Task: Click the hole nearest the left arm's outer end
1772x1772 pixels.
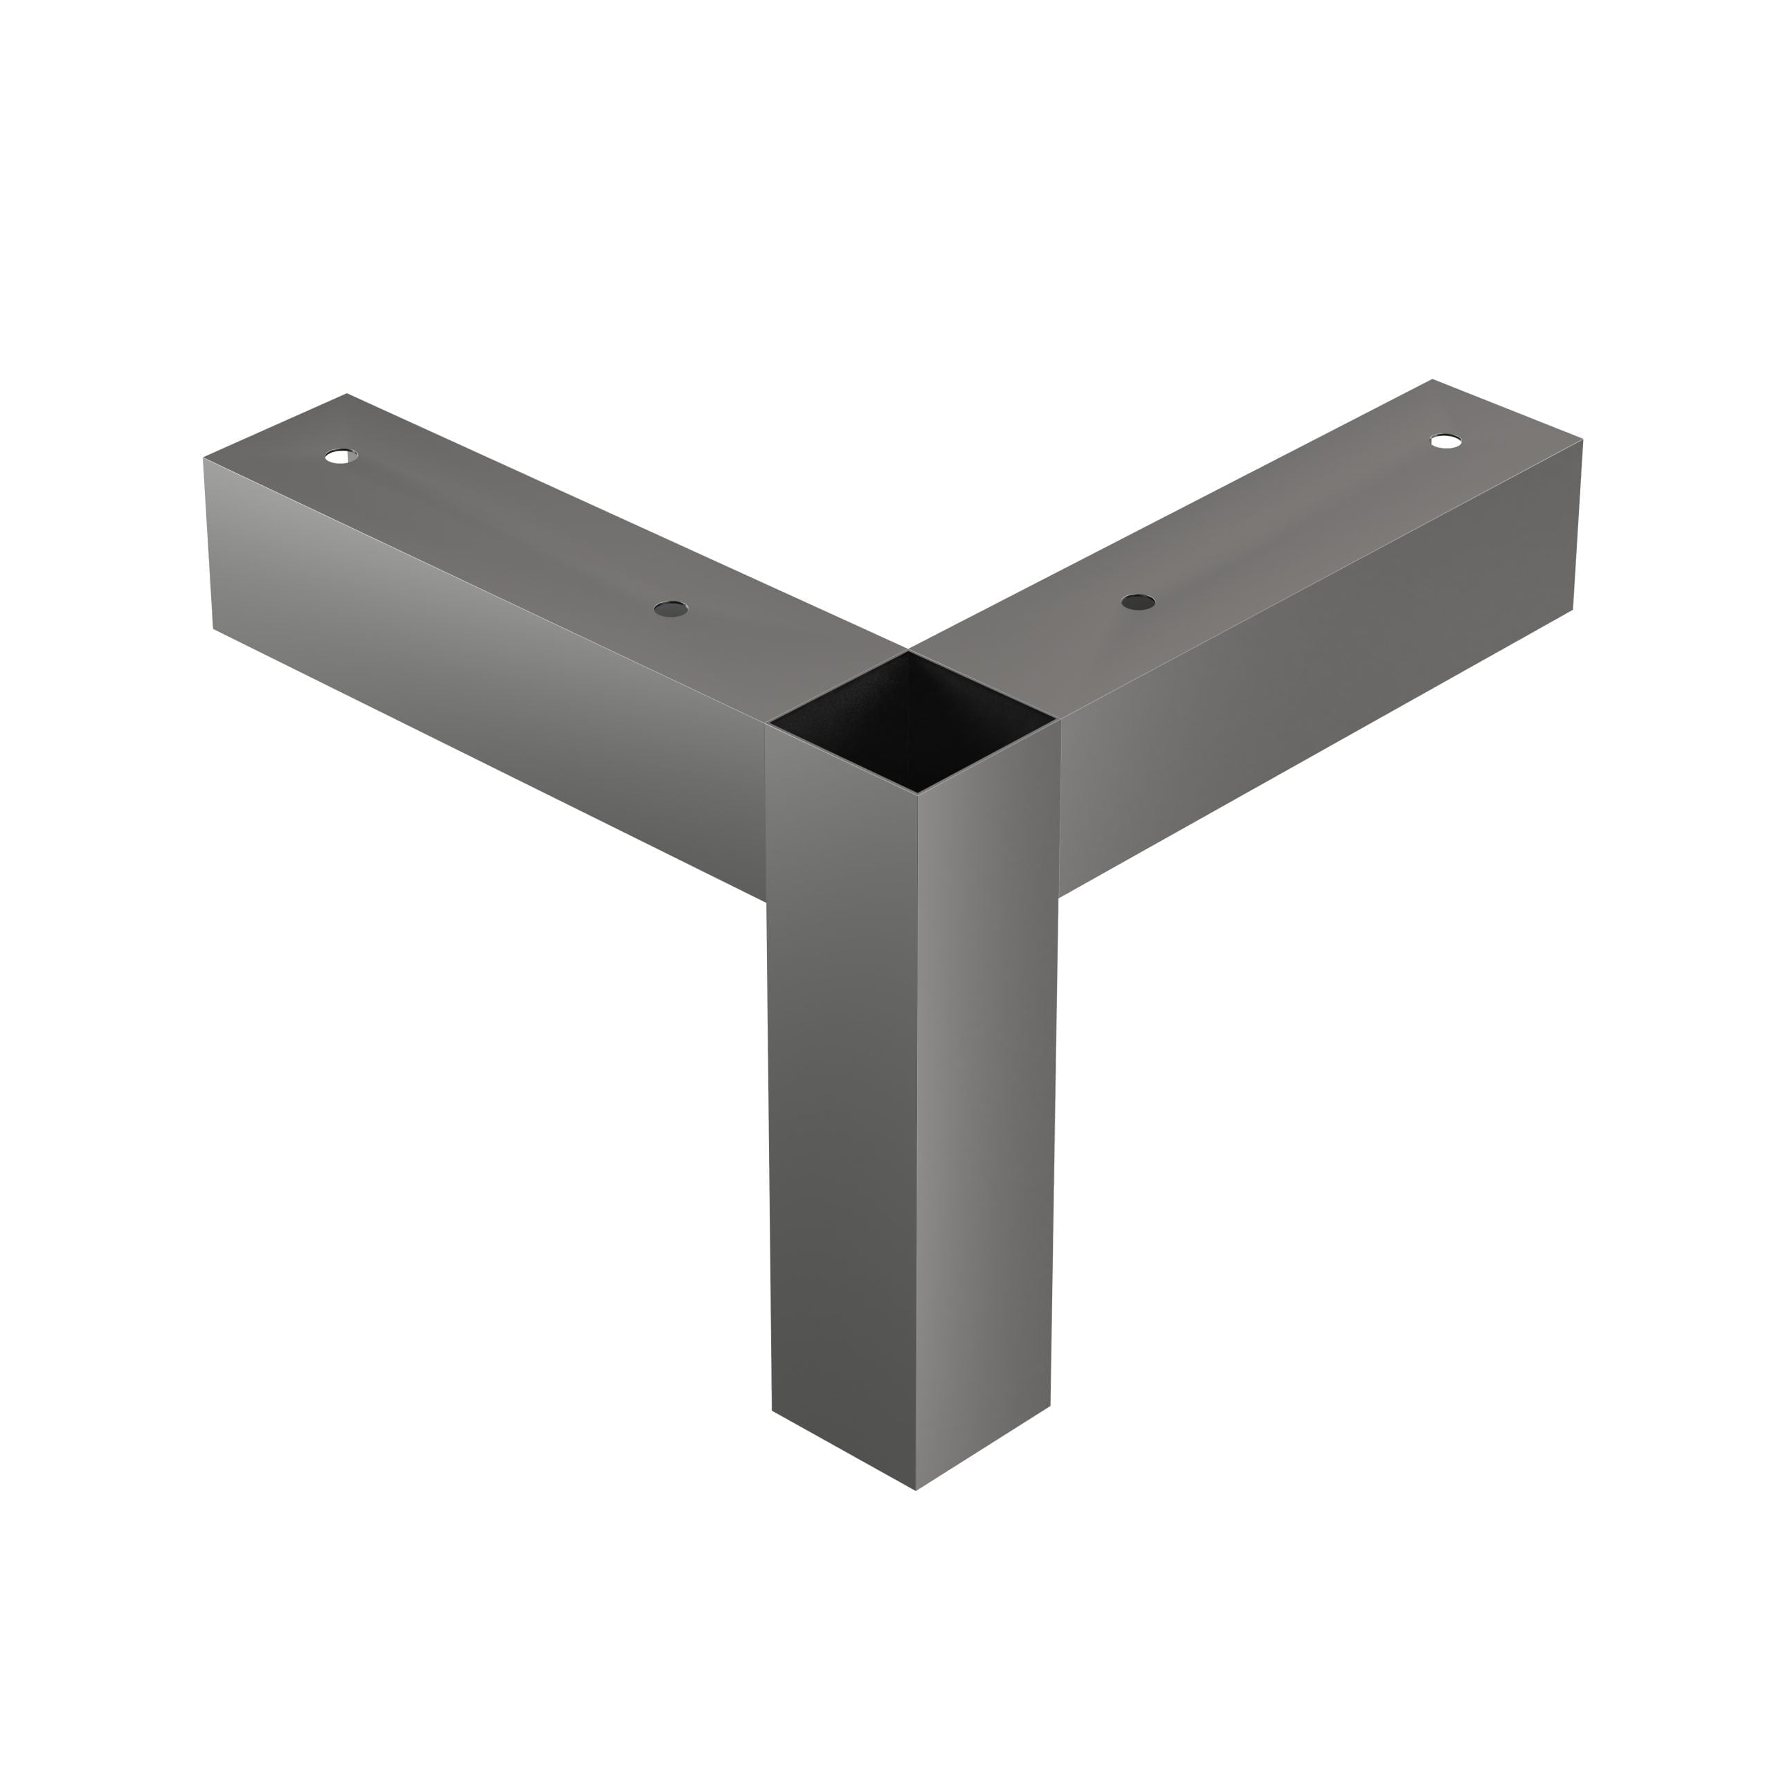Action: click(x=341, y=456)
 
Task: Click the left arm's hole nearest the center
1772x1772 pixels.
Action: click(x=671, y=608)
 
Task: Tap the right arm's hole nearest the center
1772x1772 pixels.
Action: click(x=1138, y=602)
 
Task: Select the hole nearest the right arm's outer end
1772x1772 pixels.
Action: click(x=1447, y=441)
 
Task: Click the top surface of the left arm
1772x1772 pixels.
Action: click(x=514, y=532)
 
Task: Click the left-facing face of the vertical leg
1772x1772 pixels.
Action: click(x=842, y=1101)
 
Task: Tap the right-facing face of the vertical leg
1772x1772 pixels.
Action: click(x=986, y=1101)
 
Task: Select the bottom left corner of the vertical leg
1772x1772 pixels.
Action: click(x=772, y=1410)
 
